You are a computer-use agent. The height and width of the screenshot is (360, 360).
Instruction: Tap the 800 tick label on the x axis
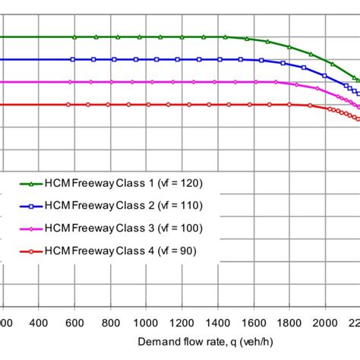click(111, 322)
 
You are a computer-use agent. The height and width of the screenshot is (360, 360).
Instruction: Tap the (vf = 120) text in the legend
click(179, 183)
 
